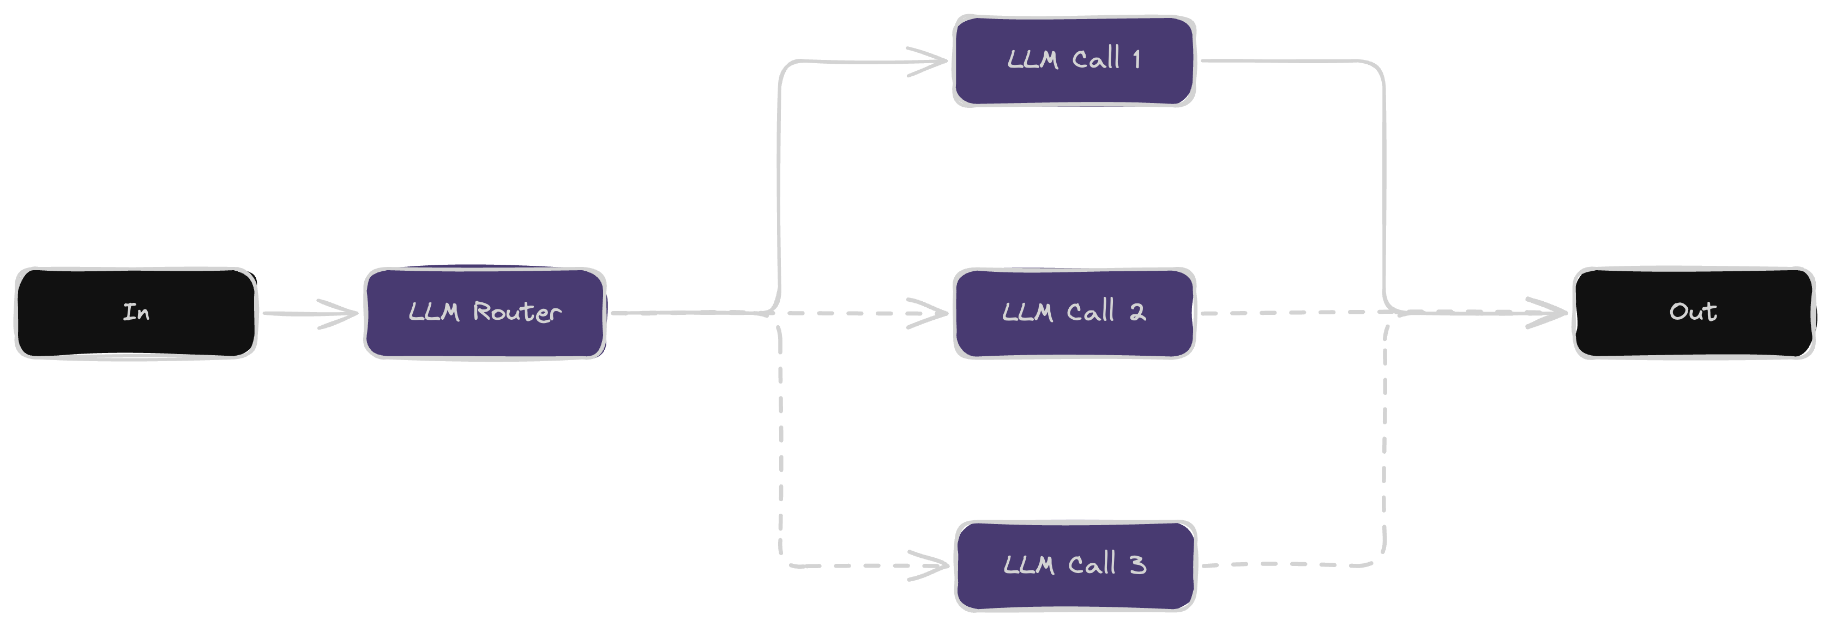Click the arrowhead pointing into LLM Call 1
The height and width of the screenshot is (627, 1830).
tap(938, 61)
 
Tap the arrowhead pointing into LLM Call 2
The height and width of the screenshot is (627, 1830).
tap(938, 313)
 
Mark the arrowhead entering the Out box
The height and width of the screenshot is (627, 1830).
tap(1557, 313)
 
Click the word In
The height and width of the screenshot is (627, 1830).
tap(136, 312)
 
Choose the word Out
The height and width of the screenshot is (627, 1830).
tap(1693, 311)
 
